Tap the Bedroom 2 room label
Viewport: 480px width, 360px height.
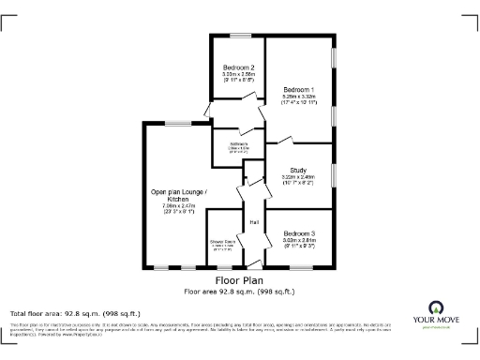[239, 67]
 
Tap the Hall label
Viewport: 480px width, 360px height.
[253, 222]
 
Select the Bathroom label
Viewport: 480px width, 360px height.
[238, 143]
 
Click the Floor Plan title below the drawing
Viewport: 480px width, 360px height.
[239, 280]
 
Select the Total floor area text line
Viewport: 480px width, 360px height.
[74, 313]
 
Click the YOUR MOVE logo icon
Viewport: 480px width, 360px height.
[435, 307]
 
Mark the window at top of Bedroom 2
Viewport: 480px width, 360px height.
[239, 37]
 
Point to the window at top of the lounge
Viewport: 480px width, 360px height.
[174, 123]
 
